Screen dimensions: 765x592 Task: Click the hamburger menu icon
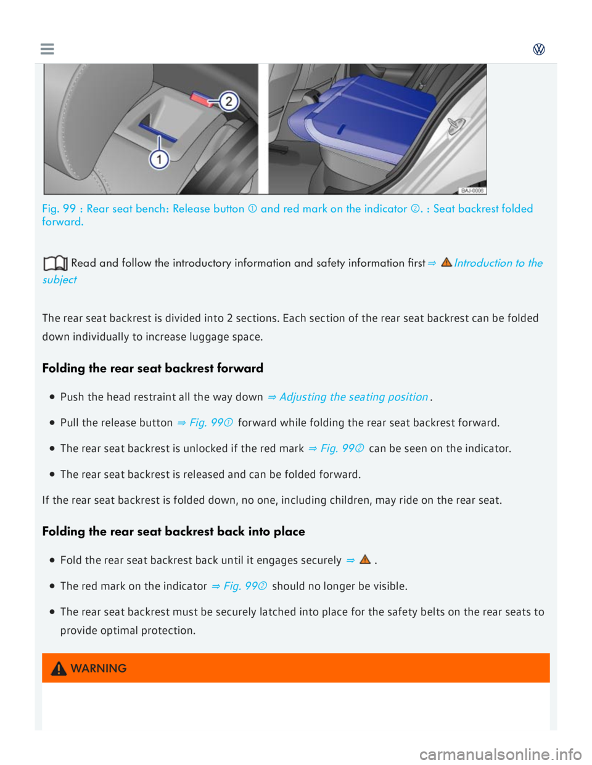(x=47, y=49)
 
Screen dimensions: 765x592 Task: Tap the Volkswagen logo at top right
(x=539, y=49)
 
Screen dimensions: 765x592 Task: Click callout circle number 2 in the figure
(x=229, y=101)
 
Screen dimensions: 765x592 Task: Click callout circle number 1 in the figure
(x=159, y=160)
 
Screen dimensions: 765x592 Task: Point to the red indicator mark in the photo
(x=201, y=99)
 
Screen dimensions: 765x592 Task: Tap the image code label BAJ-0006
(x=472, y=190)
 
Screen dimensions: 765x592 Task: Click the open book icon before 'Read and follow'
(x=55, y=264)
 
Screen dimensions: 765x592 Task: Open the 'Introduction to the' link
(x=498, y=263)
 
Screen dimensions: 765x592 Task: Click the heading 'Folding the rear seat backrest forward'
(x=152, y=368)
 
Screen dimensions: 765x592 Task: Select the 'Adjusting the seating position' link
(x=353, y=397)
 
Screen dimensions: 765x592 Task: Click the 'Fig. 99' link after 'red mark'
(x=337, y=449)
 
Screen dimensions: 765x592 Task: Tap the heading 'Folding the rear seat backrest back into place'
(x=173, y=532)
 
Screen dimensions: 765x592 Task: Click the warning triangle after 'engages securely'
(x=365, y=560)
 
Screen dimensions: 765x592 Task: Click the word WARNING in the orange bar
(x=99, y=668)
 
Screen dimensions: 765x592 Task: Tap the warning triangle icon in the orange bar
(x=59, y=668)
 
